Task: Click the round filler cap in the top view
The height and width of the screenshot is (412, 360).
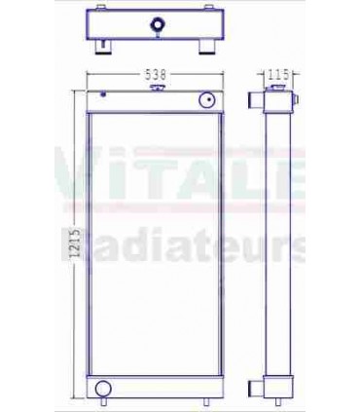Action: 156,22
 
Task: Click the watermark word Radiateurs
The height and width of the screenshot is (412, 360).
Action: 204,248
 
